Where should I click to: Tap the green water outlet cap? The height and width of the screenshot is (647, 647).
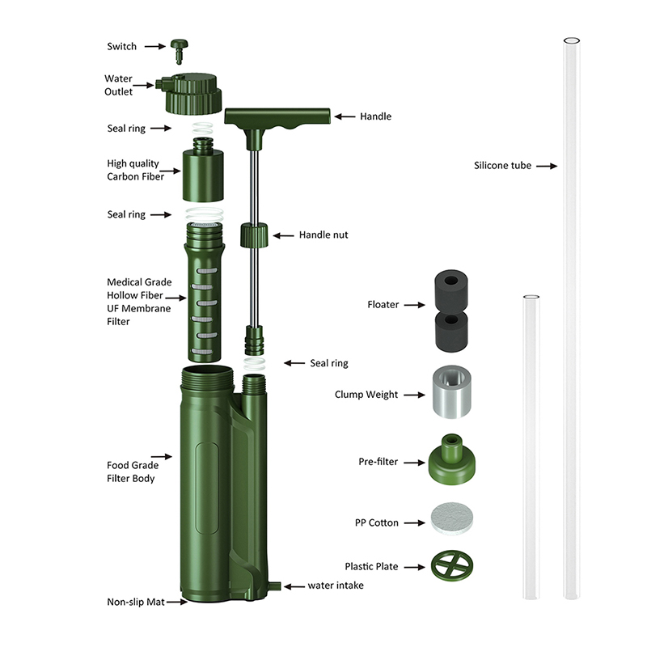coord(192,94)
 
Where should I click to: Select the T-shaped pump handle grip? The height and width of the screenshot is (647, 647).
coord(277,117)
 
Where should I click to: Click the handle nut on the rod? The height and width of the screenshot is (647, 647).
coord(254,235)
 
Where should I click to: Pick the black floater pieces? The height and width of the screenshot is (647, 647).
coord(451,311)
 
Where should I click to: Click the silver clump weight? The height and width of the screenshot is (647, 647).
coord(452,391)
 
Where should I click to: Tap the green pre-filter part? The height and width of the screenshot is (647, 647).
coord(452,459)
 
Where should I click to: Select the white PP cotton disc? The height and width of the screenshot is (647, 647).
coord(452,518)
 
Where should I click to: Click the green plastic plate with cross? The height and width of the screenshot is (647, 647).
coord(452,565)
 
